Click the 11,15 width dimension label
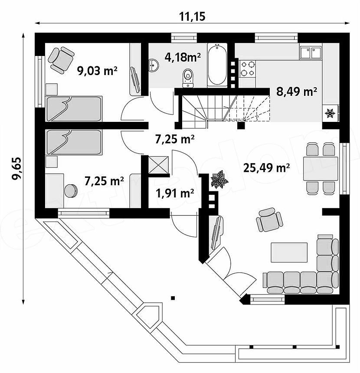192,16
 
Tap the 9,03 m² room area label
97,70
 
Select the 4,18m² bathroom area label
183,57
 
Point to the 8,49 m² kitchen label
297,91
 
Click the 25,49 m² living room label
266,168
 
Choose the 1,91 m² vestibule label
175,193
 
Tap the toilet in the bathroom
188,78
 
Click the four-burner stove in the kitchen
247,69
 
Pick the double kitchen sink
311,52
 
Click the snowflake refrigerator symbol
330,114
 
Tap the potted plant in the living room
219,179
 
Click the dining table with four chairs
320,168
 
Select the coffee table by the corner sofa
289,252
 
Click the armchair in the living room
269,219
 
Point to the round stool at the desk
70,190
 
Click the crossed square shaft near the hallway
158,165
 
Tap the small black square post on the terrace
173,298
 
